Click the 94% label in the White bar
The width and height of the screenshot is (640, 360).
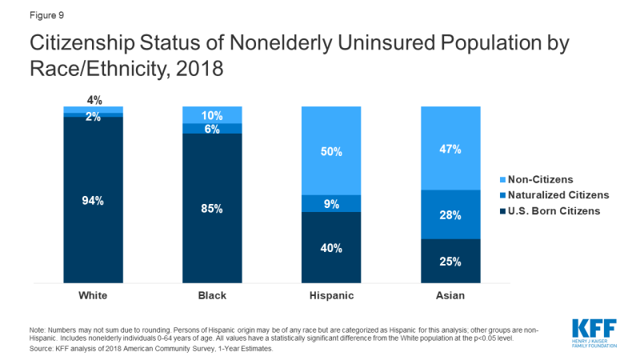tap(93, 201)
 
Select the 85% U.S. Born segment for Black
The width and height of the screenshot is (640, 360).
tap(212, 209)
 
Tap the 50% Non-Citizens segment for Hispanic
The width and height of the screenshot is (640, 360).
tap(331, 151)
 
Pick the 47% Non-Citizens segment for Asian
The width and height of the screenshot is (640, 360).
tap(450, 149)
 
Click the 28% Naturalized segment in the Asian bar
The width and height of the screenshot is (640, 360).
tap(450, 214)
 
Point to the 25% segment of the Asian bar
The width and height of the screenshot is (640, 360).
tap(450, 261)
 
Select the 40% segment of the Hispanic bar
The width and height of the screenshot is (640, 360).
tap(331, 248)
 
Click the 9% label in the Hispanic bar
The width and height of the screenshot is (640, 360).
tap(331, 204)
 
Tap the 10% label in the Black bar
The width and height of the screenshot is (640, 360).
tap(212, 114)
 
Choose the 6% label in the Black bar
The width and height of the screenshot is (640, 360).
tap(212, 129)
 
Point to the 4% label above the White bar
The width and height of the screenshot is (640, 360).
tap(93, 100)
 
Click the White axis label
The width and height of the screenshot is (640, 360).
tap(93, 295)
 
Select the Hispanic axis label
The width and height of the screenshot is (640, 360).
tap(331, 295)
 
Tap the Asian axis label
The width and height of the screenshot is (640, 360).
tap(450, 295)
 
